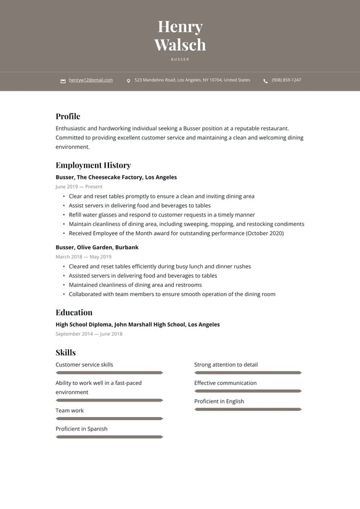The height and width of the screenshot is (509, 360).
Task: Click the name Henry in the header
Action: [x=180, y=27]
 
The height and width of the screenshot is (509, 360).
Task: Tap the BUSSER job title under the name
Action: [x=180, y=59]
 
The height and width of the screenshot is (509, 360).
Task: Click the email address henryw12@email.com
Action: [x=91, y=80]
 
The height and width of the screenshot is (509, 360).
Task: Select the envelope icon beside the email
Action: [x=63, y=81]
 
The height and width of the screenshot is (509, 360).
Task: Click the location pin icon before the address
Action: [x=128, y=81]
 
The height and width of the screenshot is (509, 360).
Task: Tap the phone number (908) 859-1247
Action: [x=286, y=80]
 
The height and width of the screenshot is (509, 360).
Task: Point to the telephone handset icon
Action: [x=266, y=81]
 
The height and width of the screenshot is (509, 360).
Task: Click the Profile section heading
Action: [x=68, y=116]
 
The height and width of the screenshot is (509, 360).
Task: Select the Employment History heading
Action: [x=93, y=165]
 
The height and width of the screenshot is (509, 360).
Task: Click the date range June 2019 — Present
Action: [x=79, y=186]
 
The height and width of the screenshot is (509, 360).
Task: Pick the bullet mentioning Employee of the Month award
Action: [x=176, y=233]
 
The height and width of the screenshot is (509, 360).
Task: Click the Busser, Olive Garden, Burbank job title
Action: [x=97, y=247]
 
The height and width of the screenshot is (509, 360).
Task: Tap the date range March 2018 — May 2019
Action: [x=83, y=257]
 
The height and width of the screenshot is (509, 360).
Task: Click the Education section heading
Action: [x=74, y=312]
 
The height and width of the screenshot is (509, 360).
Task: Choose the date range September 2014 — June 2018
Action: [x=89, y=334]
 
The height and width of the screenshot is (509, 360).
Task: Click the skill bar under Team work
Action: [x=109, y=418]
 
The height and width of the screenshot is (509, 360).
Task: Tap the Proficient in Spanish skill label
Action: [x=81, y=429]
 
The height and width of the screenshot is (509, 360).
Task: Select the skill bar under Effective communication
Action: [x=248, y=391]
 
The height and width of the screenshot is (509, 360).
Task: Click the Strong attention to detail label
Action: [x=226, y=365]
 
